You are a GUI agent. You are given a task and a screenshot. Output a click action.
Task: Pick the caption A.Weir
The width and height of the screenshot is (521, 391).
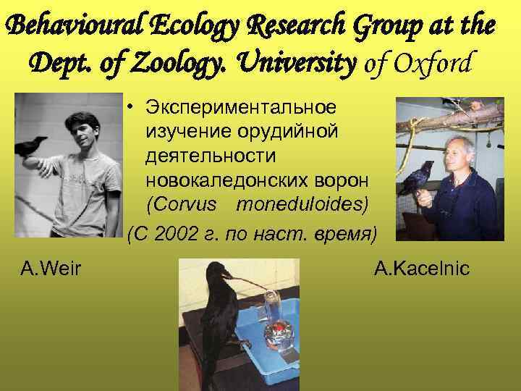(51, 270)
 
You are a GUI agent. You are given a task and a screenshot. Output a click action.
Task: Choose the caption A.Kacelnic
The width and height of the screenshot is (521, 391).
(422, 270)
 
